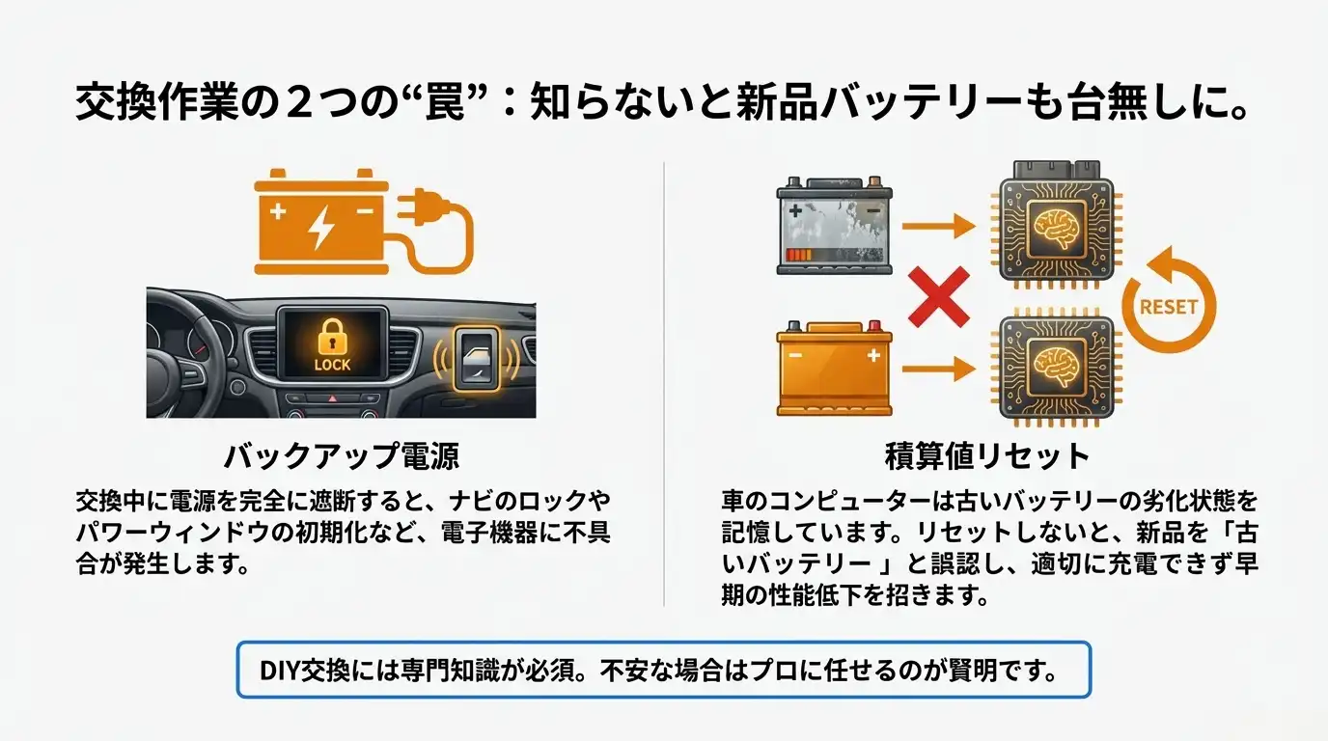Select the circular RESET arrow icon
[x=1168, y=307]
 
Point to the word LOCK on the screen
[x=333, y=366]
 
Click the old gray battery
[x=834, y=226]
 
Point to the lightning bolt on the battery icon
[x=319, y=224]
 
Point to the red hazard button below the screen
[x=332, y=398]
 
